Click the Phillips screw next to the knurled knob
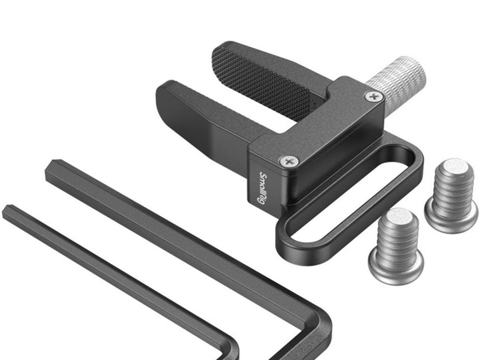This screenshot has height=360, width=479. (x=374, y=97)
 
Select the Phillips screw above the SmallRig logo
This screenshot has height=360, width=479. (x=289, y=161)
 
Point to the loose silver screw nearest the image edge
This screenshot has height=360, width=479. (x=451, y=196)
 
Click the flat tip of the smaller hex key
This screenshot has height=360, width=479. (x=9, y=211)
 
